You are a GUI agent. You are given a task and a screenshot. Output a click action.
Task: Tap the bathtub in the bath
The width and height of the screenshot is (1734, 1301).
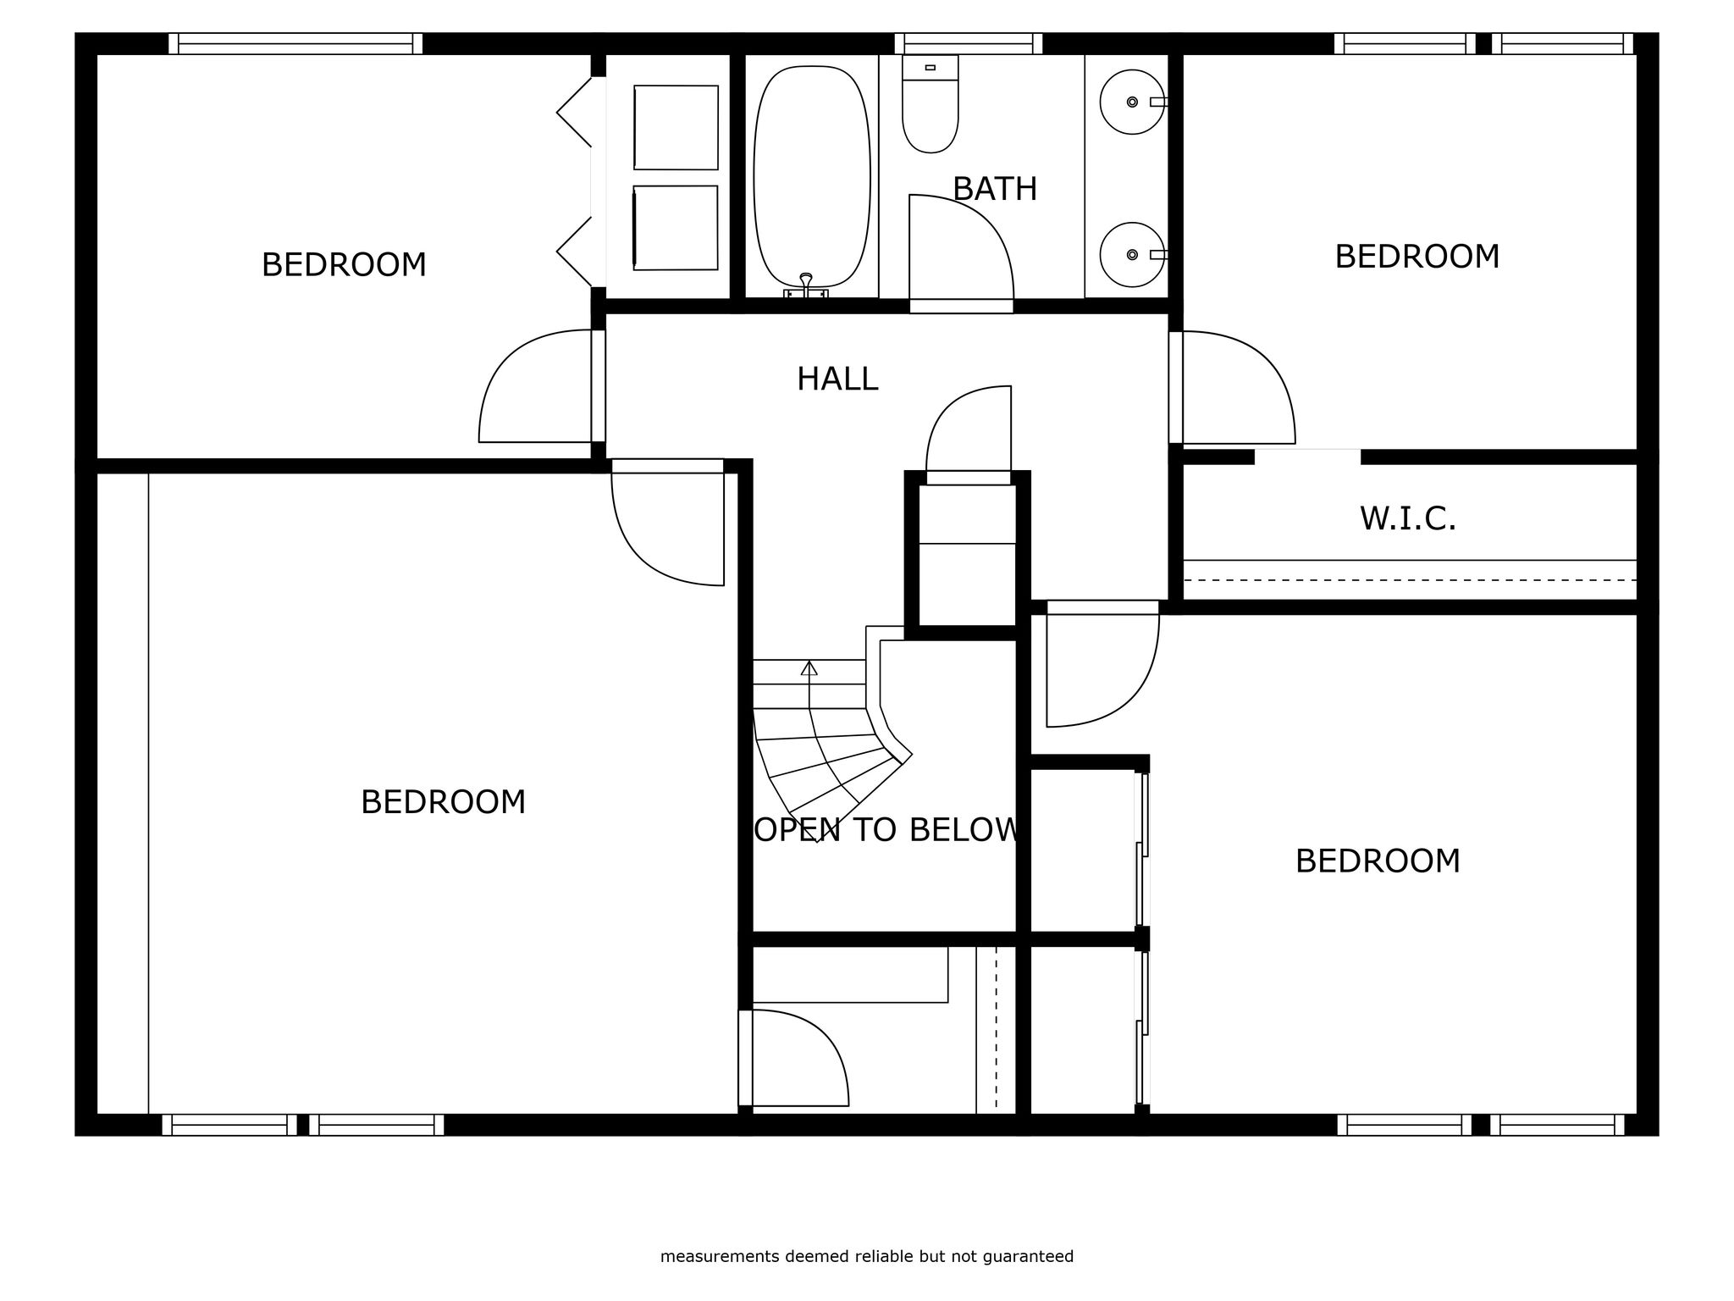click(811, 176)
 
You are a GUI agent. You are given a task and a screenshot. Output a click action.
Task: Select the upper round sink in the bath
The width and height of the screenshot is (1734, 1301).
click(1132, 102)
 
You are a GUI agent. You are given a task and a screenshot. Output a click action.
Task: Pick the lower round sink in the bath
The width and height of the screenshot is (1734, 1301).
click(1132, 254)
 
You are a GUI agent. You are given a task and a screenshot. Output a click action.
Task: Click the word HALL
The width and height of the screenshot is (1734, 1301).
click(837, 379)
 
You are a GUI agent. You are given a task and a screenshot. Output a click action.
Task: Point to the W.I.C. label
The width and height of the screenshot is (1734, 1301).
click(1408, 518)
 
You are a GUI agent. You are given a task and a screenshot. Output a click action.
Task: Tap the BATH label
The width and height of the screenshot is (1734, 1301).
click(995, 189)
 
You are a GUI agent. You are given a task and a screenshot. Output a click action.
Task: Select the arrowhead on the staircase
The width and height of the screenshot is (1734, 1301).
click(809, 668)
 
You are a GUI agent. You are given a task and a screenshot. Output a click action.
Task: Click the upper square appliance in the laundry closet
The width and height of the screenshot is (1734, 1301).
click(676, 127)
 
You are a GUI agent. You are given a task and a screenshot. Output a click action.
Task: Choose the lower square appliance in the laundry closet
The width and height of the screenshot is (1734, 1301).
click(676, 228)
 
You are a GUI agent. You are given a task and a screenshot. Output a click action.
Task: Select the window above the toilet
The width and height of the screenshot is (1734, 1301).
click(969, 43)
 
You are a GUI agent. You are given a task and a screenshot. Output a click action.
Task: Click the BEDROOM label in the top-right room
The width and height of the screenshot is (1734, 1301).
click(1417, 257)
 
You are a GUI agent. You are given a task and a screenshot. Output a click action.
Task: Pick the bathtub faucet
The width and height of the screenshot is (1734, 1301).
click(806, 285)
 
